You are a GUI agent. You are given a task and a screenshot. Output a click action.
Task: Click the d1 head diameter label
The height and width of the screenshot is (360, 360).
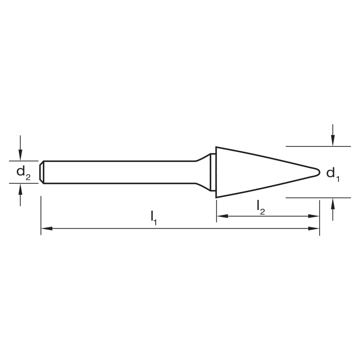pyautogui.click(x=333, y=174)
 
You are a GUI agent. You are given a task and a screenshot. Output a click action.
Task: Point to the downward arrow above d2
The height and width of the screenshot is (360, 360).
pyautogui.click(x=21, y=155)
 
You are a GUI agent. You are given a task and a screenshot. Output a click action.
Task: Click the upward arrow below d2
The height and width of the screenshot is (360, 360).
pyautogui.click(x=21, y=189)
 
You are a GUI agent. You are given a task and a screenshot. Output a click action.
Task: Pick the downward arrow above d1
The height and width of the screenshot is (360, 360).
pyautogui.click(x=333, y=141)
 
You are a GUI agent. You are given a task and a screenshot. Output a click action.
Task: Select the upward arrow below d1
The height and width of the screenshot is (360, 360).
pyautogui.click(x=333, y=203)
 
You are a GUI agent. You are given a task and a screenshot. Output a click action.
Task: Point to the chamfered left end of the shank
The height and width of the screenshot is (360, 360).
pyautogui.click(x=42, y=172)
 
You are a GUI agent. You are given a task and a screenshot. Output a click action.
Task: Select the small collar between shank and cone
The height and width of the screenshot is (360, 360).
pyautogui.click(x=213, y=172)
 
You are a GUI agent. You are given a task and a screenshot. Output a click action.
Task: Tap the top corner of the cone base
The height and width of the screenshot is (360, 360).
pyautogui.click(x=216, y=147)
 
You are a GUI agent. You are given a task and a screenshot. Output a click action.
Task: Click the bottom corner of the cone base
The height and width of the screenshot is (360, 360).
pyautogui.click(x=216, y=197)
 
